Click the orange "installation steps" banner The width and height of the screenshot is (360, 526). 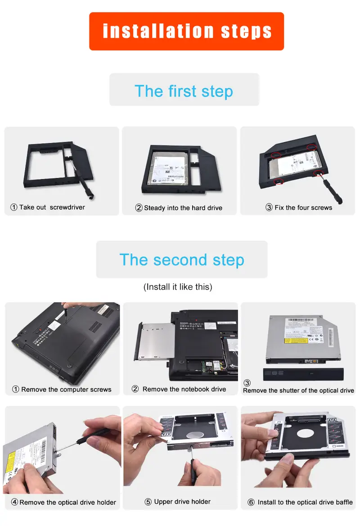pos(186,31)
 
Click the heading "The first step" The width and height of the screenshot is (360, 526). pos(184,91)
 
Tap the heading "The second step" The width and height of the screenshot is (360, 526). pos(181,260)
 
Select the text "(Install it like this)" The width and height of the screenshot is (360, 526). pos(178,287)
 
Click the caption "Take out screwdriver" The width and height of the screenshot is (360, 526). pos(52,207)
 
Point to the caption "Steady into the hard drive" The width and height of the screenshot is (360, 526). pos(183,208)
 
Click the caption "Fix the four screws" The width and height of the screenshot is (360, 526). pos(303,208)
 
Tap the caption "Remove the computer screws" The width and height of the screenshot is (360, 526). pos(66,390)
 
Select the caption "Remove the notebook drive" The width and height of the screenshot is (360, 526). pos(184,389)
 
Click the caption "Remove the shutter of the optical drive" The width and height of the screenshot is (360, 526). pos(298,390)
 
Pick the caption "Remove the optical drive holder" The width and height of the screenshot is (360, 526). pos(67,502)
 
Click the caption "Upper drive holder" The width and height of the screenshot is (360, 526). pos(182,502)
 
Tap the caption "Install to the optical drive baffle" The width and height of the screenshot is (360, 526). pos(305,502)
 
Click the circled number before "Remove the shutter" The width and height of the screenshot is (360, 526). pos(247,383)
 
